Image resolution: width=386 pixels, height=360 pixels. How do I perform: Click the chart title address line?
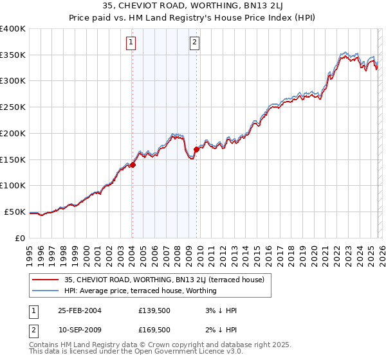[x=193, y=7]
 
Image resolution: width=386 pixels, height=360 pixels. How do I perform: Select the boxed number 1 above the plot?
[x=131, y=43]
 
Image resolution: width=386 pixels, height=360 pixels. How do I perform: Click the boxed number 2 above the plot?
[x=194, y=43]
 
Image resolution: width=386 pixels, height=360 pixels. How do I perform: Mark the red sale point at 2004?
[x=133, y=165]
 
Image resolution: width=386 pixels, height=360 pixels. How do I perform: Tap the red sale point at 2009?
[x=196, y=149]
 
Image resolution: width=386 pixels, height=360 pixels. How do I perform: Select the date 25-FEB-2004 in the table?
[x=80, y=310]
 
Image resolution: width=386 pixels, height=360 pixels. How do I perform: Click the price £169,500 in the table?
[x=154, y=330]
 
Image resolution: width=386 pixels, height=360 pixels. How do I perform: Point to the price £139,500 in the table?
[x=154, y=310]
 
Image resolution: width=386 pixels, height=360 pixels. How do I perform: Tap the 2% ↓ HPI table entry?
[x=221, y=330]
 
